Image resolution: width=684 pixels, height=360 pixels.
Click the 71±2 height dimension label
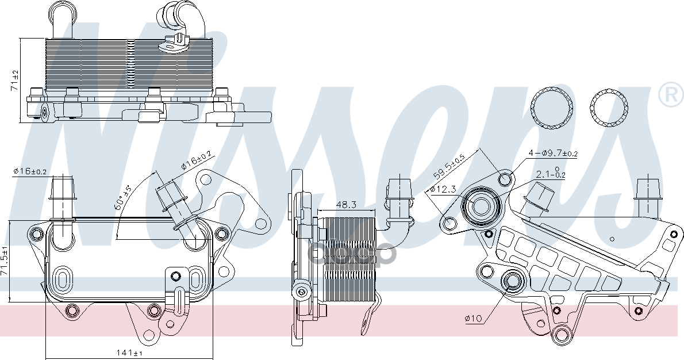pos(16,81)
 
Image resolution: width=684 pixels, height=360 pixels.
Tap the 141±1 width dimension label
pos(129,352)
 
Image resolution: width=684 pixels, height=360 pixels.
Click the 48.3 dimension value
pos(347,205)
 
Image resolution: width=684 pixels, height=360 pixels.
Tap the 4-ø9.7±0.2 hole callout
pos(554,152)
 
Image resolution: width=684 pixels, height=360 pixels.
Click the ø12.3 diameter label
pos(443,189)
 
